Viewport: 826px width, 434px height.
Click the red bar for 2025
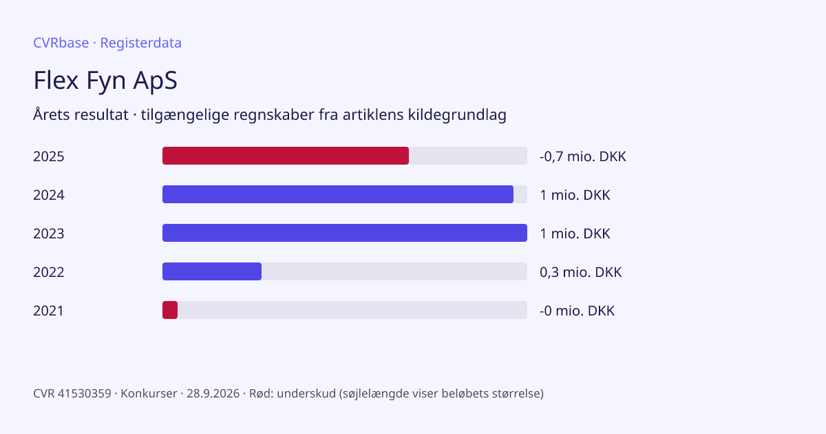pos(286,156)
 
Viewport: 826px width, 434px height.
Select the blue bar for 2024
pos(338,194)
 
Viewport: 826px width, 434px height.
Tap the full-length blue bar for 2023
pos(345,233)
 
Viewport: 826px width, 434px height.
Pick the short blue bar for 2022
pos(212,271)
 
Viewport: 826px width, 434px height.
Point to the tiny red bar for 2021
pos(170,310)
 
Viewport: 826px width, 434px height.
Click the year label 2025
pos(49,156)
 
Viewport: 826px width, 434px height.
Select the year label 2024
pos(49,195)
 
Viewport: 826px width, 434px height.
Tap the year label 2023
pos(49,234)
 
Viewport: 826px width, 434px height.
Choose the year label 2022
pos(49,272)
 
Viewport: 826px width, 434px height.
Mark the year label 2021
pos(48,311)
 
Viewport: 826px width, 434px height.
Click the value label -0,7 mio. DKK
pos(582,156)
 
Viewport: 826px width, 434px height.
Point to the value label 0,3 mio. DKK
pos(580,272)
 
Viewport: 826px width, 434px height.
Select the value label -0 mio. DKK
pos(577,311)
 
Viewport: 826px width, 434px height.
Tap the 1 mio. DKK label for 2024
pos(575,195)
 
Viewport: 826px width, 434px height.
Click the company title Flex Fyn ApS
pos(105,80)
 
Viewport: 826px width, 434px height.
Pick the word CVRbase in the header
pos(61,43)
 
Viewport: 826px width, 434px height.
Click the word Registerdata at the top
pos(141,43)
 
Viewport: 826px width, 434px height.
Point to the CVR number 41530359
pos(85,393)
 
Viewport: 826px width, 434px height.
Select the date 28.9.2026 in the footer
pos(213,393)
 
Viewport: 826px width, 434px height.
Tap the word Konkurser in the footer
pos(149,393)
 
